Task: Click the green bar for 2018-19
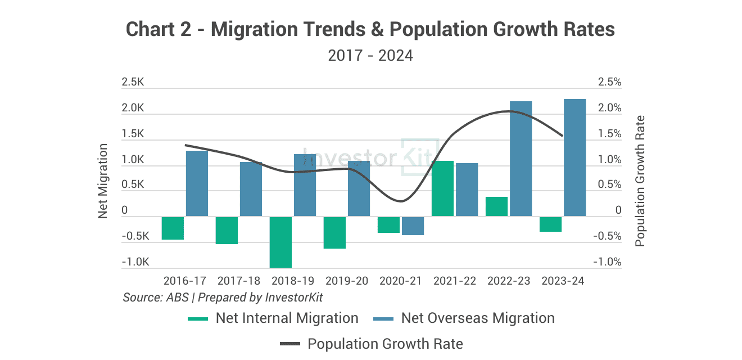280,242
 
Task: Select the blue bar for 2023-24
574,157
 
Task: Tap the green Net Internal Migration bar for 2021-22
442,188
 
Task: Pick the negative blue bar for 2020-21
413,226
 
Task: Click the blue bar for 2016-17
197,183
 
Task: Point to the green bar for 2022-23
496,206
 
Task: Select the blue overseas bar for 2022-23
521,159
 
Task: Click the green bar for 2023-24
550,224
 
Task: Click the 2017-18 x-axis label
239,281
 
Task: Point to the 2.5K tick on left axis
133,82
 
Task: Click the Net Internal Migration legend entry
273,318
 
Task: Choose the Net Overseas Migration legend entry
464,318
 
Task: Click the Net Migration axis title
103,181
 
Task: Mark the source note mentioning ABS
223,297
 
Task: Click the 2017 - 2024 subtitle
370,56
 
